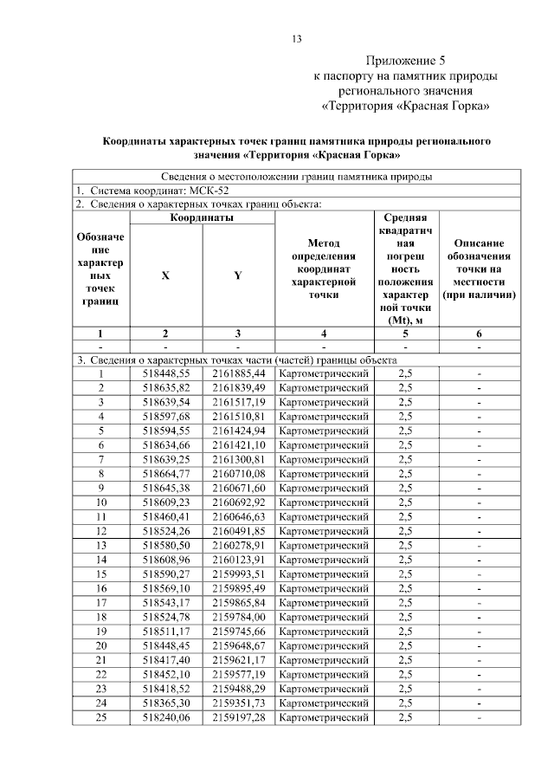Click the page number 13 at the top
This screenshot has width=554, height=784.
pos(296,39)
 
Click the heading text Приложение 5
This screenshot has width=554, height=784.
pos(405,62)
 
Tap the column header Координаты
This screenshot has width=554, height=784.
pos(202,218)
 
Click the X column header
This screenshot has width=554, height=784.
pos(165,275)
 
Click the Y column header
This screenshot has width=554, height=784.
pos(237,275)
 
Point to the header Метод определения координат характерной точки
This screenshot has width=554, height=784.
pos(323,269)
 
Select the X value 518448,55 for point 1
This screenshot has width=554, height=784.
pos(165,373)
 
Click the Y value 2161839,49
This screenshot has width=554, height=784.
pos(237,387)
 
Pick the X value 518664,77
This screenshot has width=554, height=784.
pos(165,473)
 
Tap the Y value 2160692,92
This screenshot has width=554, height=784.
pos(237,502)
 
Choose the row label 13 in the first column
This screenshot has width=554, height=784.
pos(100,545)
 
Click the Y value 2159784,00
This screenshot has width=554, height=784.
pos(237,617)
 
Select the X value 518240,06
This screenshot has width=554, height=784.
pos(165,717)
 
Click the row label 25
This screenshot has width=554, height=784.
pos(100,717)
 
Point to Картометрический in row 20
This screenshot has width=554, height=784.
pos(323,645)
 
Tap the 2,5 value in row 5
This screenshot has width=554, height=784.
pos(405,431)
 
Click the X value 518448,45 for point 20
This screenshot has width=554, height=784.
pos(165,645)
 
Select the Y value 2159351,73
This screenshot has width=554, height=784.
pos(237,703)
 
